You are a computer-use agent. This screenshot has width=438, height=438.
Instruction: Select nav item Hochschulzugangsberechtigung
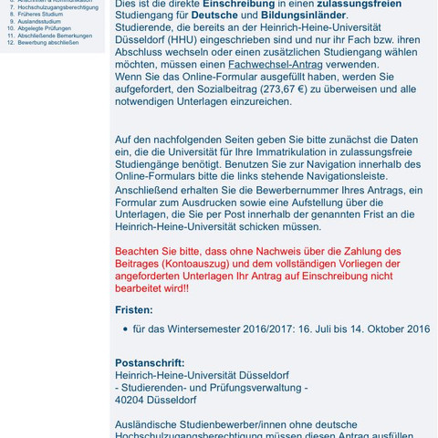tap(57, 7)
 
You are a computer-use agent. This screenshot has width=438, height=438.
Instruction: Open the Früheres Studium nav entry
tap(40, 15)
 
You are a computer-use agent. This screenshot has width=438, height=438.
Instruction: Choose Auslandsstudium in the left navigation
tap(39, 22)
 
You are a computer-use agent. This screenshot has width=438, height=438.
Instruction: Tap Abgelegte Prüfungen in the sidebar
tap(45, 28)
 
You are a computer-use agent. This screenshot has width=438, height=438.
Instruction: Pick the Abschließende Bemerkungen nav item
tap(55, 36)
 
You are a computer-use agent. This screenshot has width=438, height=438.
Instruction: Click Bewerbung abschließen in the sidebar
tap(47, 43)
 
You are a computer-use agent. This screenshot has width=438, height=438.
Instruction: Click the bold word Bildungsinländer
tap(304, 16)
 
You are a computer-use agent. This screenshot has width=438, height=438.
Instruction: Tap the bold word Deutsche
tap(214, 16)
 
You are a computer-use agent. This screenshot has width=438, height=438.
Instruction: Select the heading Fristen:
tap(134, 309)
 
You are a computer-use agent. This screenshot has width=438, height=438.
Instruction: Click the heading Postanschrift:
tap(150, 362)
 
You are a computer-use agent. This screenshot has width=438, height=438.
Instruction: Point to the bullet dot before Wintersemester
tap(124, 329)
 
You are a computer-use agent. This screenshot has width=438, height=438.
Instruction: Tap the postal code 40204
tap(133, 400)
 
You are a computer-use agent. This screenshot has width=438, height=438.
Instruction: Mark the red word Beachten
tap(140, 251)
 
